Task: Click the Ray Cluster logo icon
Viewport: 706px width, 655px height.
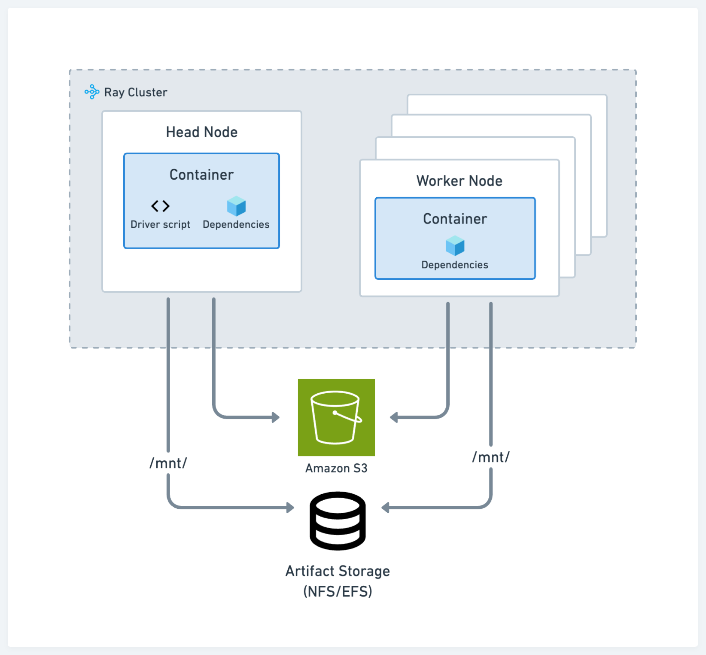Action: pos(92,92)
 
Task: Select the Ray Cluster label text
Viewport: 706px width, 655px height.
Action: pos(136,92)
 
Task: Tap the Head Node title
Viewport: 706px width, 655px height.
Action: pos(202,132)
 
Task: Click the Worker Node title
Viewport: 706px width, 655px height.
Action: pos(459,181)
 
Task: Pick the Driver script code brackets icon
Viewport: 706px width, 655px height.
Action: pos(160,206)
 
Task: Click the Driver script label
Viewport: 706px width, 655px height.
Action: pos(160,224)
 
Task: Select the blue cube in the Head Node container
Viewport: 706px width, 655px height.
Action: pos(236,206)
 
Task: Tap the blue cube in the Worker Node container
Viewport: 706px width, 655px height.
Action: pos(455,246)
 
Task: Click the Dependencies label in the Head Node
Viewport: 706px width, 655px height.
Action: pos(236,224)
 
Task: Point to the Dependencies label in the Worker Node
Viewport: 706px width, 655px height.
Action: pos(455,265)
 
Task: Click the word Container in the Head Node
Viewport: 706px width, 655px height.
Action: pos(201,174)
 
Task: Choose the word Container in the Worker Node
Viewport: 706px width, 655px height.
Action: pos(455,219)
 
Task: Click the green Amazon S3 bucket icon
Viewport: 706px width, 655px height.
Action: pos(336,417)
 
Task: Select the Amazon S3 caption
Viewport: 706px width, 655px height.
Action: pos(336,468)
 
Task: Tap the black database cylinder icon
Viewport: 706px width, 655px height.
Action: pos(338,520)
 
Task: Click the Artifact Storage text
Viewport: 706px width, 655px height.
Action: pos(338,571)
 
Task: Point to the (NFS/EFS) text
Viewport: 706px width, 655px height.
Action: pos(338,592)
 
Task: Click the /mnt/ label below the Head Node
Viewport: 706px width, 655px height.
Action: pos(168,463)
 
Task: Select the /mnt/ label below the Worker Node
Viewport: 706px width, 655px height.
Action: pos(491,457)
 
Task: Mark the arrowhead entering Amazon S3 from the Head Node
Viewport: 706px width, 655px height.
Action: pos(276,417)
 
